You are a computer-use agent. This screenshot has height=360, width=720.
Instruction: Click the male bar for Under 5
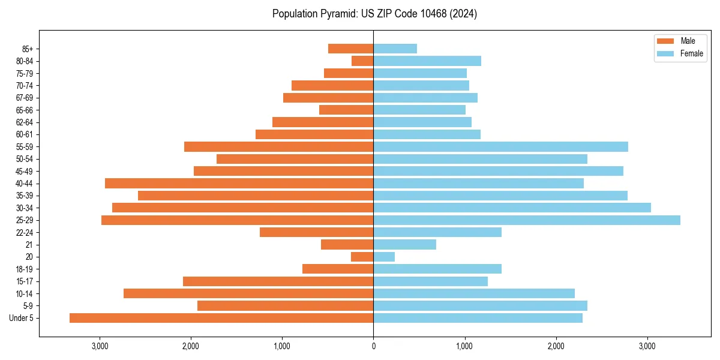point(221,318)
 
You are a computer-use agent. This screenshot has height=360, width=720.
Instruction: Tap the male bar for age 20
point(362,257)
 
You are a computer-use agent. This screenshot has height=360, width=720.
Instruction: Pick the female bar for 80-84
point(427,61)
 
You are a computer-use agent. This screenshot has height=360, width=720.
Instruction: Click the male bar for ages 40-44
point(239,183)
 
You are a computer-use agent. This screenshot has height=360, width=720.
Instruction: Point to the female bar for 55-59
point(501,146)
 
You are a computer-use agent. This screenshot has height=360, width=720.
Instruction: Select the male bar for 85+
point(351,49)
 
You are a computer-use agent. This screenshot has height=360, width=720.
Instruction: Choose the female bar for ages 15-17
point(431,281)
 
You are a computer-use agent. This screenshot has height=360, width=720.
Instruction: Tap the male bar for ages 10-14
point(248,293)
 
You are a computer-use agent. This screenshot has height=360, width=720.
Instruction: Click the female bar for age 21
point(405,244)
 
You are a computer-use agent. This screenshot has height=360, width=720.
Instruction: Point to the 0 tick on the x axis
point(373,346)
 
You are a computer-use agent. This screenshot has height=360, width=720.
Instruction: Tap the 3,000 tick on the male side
point(100,346)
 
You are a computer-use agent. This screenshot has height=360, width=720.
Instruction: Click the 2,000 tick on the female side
point(556,346)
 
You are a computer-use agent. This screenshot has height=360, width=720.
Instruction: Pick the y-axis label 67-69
point(25,98)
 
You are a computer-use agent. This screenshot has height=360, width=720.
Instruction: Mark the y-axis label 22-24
point(25,232)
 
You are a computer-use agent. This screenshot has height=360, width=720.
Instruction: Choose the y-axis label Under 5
point(22,318)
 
